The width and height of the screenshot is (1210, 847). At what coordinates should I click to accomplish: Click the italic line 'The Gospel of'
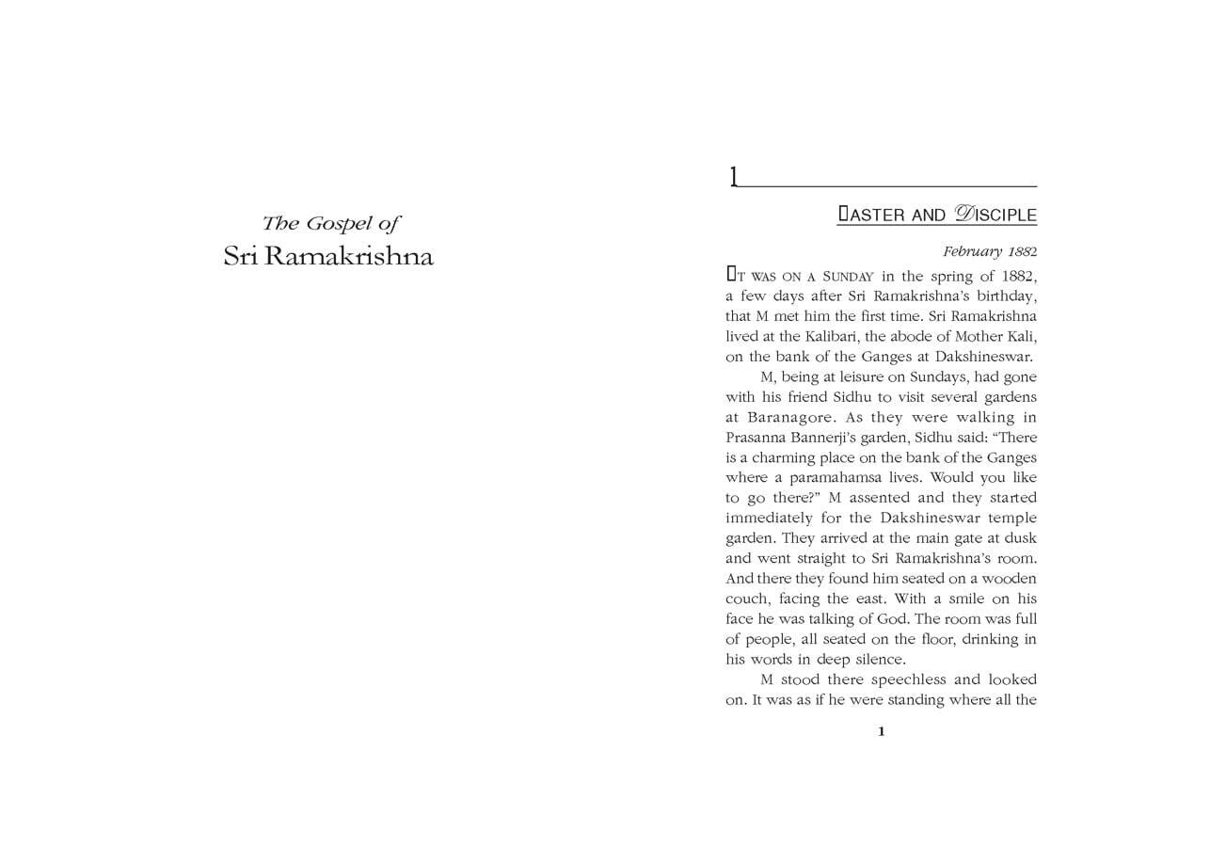coord(330,224)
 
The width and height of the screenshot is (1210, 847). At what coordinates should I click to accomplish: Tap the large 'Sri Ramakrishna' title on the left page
coord(328,257)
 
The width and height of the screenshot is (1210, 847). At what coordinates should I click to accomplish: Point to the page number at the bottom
coord(881,732)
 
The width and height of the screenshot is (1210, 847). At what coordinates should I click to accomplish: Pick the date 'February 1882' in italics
coord(990,252)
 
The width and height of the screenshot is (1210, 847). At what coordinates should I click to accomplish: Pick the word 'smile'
coord(958,599)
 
